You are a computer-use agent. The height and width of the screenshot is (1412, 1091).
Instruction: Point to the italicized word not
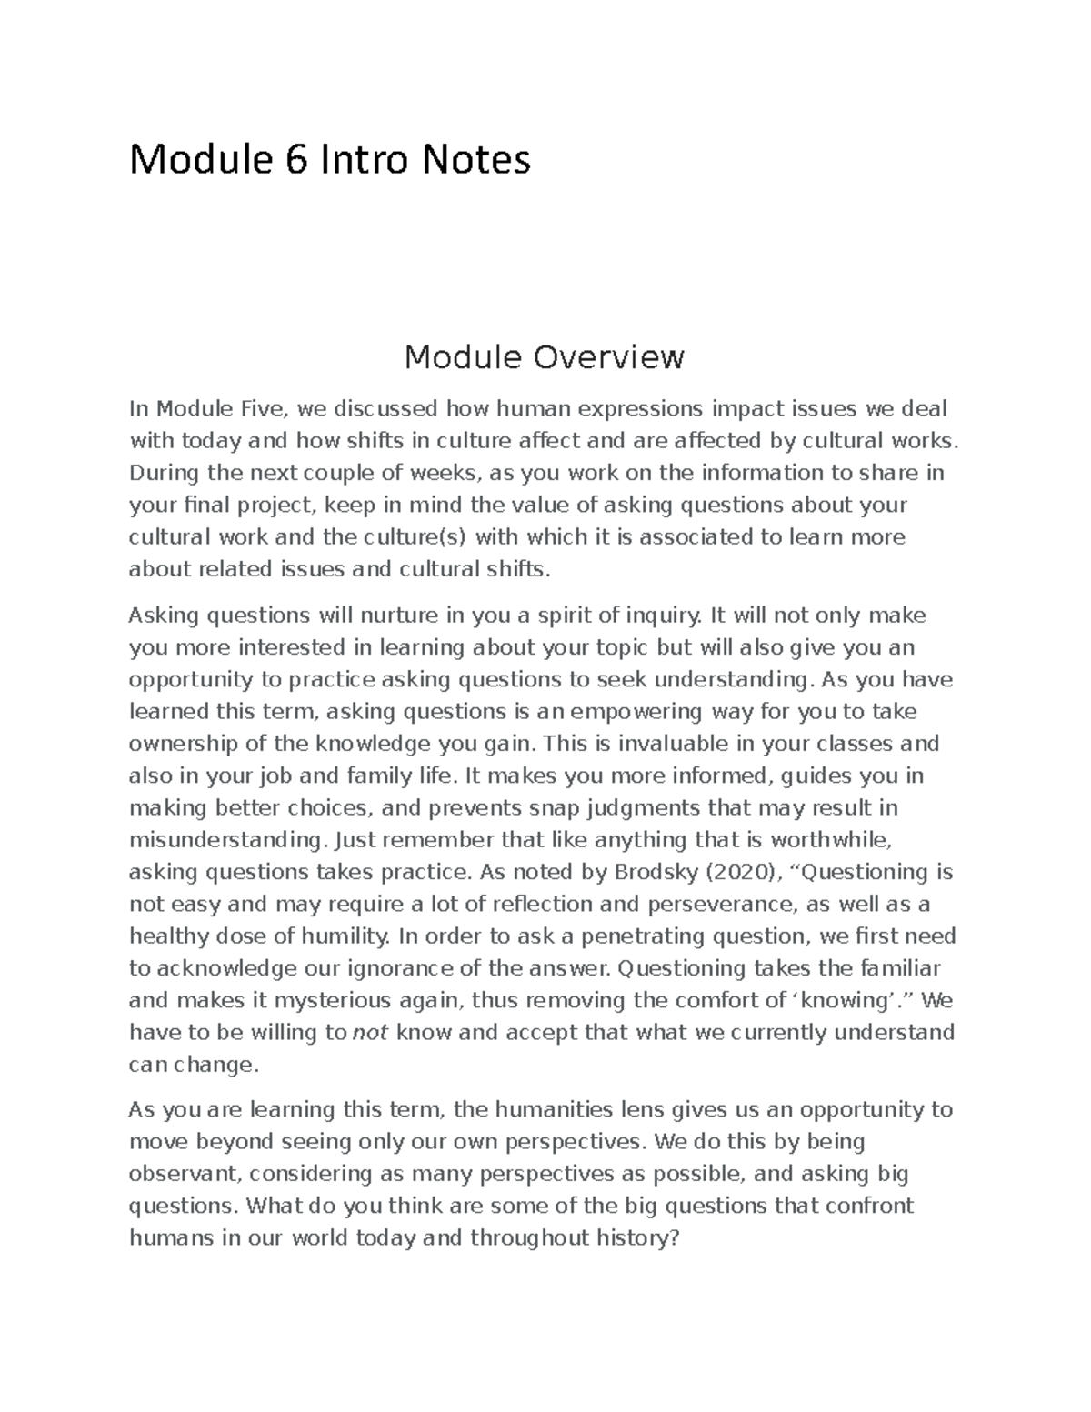[370, 1033]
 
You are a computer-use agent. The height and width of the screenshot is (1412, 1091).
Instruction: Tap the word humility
[350, 936]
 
